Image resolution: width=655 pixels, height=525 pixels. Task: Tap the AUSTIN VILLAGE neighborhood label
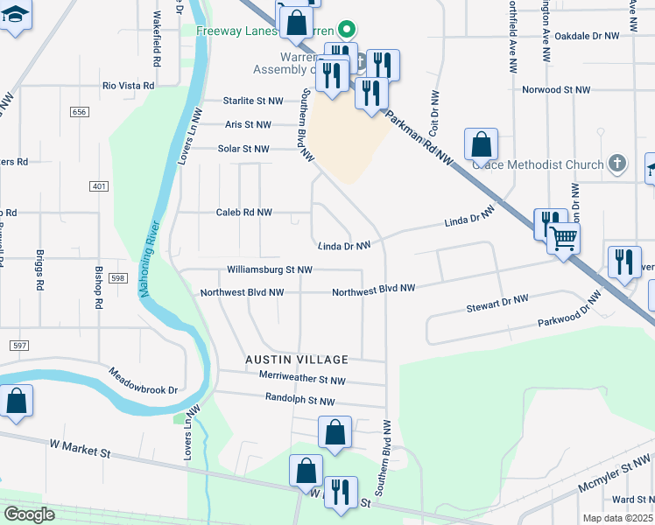pyautogui.click(x=297, y=360)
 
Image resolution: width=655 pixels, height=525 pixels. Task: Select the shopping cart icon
pyautogui.click(x=563, y=238)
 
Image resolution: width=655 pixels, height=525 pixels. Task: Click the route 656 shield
pyautogui.click(x=80, y=112)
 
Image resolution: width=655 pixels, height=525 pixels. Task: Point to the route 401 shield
pyautogui.click(x=98, y=186)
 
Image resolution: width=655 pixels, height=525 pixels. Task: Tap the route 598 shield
pyautogui.click(x=118, y=277)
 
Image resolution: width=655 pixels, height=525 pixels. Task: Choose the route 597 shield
pyautogui.click(x=19, y=346)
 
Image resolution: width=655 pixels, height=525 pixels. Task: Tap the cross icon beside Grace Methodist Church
pyautogui.click(x=617, y=164)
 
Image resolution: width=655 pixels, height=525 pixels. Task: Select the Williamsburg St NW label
pyautogui.click(x=269, y=269)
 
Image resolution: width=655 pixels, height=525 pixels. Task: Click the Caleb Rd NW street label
pyautogui.click(x=243, y=213)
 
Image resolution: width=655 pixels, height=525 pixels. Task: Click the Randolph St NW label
pyautogui.click(x=299, y=400)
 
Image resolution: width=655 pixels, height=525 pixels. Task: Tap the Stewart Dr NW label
pyautogui.click(x=497, y=304)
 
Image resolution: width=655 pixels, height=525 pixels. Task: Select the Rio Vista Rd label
pyautogui.click(x=128, y=86)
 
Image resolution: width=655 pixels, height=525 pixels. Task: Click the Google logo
pyautogui.click(x=29, y=514)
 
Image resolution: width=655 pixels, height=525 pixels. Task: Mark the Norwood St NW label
pyautogui.click(x=557, y=90)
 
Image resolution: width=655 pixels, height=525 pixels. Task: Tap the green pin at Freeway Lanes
pyautogui.click(x=346, y=30)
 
